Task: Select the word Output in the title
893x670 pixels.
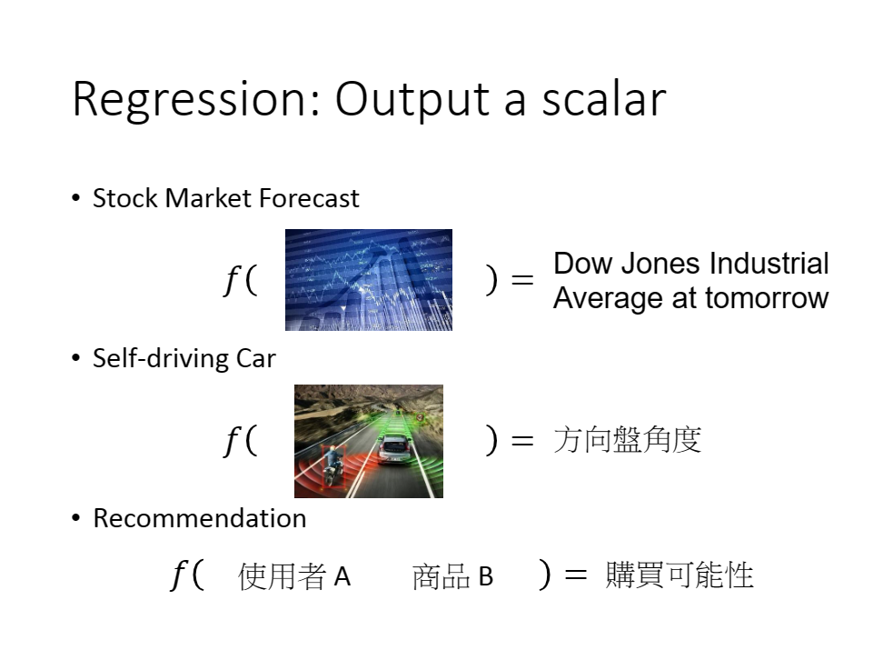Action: coord(412,100)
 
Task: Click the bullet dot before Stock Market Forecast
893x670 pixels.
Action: coord(76,197)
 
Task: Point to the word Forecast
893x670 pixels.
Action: coord(309,198)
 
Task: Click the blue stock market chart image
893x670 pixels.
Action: coord(369,280)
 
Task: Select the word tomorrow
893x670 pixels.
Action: coord(767,298)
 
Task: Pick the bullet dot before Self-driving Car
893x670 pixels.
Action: coord(76,358)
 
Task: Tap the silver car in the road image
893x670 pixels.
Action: coord(393,448)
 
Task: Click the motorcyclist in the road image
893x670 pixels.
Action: coord(332,465)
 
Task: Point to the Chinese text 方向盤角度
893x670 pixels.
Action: coord(627,440)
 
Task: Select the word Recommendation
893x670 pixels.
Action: coord(199,518)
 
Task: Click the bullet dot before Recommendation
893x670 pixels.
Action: coord(76,518)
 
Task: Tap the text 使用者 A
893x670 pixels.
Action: coord(293,576)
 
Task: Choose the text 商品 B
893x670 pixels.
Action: coord(452,576)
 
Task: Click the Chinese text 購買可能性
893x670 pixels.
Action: coord(680,575)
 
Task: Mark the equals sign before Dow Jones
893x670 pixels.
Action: coord(522,280)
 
